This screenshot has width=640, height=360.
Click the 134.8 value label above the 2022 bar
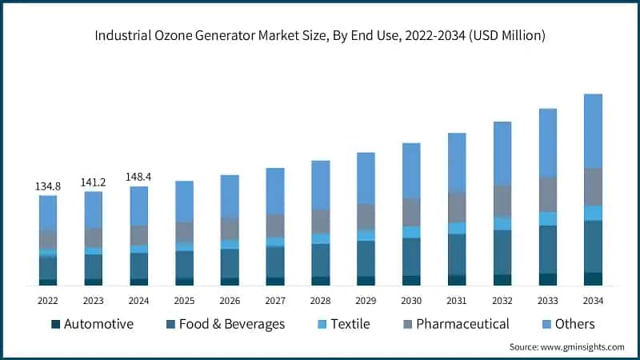tap(48, 186)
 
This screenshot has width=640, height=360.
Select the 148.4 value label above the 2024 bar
tap(139, 177)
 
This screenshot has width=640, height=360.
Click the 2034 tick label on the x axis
tap(593, 300)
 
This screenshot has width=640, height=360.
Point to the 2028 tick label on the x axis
tap(320, 300)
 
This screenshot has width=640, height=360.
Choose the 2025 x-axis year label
tap(184, 300)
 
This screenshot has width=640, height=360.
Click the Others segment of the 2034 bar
tap(593, 130)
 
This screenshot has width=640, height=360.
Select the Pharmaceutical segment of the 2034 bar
tap(593, 186)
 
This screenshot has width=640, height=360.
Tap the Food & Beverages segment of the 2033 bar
tap(547, 249)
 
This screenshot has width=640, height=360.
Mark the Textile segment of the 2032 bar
tap(502, 223)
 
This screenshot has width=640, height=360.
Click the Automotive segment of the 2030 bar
tap(411, 280)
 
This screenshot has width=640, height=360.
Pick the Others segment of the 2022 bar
tap(48, 212)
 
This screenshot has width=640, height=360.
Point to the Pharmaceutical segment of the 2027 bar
tap(275, 226)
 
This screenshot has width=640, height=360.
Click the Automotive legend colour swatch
tap(55, 324)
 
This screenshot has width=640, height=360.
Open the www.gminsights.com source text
tap(583, 347)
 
